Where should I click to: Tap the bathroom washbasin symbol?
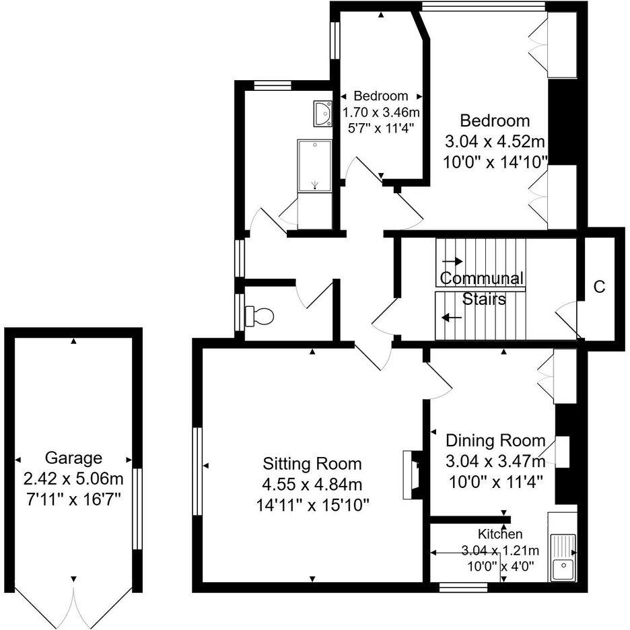click(322, 113)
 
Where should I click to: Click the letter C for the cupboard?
click(599, 286)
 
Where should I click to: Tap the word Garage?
click(73, 458)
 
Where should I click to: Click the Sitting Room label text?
click(312, 464)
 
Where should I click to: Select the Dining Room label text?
click(495, 441)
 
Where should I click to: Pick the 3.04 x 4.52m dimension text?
click(495, 141)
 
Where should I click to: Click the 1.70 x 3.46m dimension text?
click(382, 111)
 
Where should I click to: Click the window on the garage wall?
click(137, 510)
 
